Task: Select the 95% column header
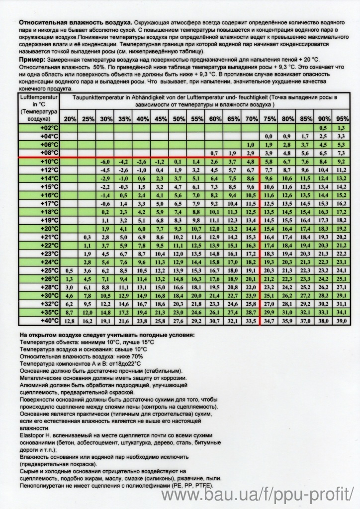pyautogui.click(x=342, y=119)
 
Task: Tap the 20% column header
pyautogui.click(x=70, y=119)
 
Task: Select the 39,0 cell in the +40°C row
pyautogui.click(x=342, y=321)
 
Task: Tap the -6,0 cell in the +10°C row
pyautogui.click(x=105, y=161)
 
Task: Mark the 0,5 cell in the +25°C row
pyautogui.click(x=70, y=270)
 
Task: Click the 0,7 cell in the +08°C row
pyautogui.click(x=215, y=153)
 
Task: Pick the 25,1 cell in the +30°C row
pyautogui.click(x=269, y=296)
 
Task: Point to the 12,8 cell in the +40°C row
pyautogui.click(x=70, y=321)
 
